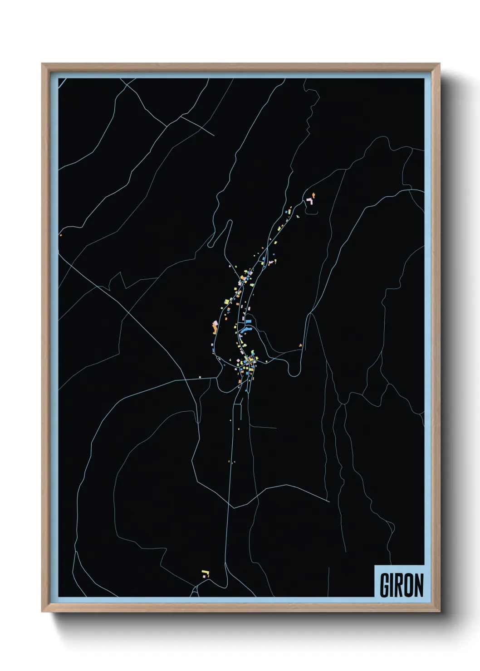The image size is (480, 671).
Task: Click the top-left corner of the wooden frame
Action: point(42,64)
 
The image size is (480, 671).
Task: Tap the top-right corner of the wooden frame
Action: point(440,64)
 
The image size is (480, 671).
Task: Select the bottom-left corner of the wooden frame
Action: point(42,612)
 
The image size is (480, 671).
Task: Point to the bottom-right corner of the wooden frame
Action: point(440,612)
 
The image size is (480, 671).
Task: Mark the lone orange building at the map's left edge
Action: point(60,235)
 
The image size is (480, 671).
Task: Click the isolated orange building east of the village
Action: point(300,345)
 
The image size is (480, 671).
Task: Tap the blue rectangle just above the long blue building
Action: point(248,321)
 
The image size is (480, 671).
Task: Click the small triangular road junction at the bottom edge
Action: point(195,591)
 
